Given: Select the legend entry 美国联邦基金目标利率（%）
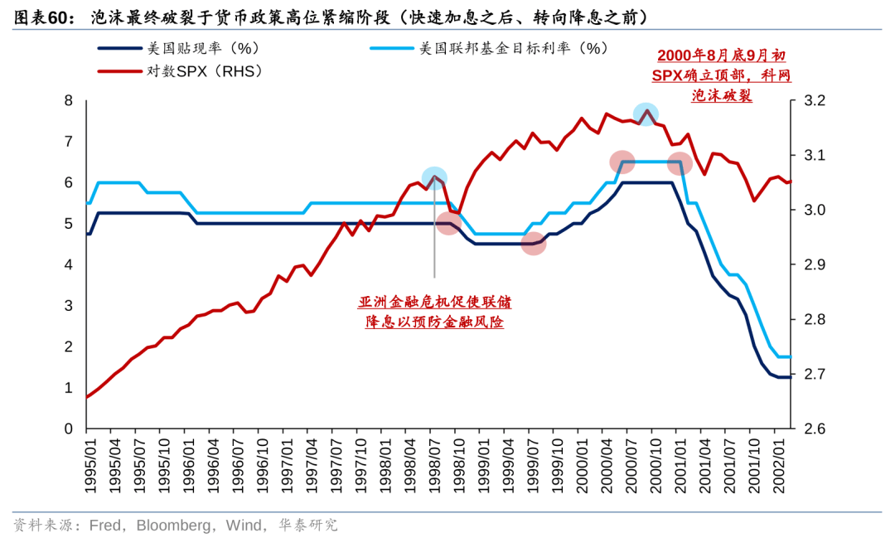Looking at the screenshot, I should tap(509, 48).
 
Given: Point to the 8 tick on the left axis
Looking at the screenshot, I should tap(69, 101).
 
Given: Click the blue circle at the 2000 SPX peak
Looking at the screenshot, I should tap(646, 114).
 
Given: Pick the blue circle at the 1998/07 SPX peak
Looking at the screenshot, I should tap(434, 177).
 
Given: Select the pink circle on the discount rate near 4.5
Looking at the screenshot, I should tap(534, 244).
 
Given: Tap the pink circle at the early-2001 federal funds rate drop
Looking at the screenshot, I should tap(680, 162).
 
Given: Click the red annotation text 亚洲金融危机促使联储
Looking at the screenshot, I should tap(435, 302).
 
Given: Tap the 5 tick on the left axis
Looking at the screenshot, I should tap(69, 224).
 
